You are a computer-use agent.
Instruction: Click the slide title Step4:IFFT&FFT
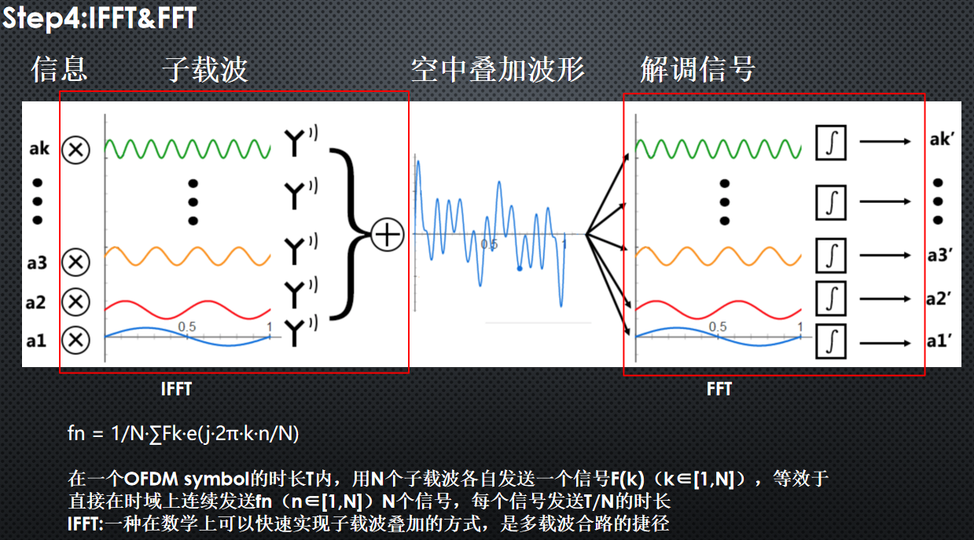point(99,17)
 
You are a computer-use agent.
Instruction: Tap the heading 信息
point(60,69)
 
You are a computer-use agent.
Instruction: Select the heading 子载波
point(205,69)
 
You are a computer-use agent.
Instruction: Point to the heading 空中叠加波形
point(498,69)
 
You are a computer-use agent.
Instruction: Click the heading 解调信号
point(698,69)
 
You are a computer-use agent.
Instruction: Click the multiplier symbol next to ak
point(75,150)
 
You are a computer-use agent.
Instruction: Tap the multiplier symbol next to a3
point(75,263)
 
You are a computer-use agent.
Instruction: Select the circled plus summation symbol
point(387,235)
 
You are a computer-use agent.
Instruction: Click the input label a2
point(35,302)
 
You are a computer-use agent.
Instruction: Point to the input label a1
point(36,341)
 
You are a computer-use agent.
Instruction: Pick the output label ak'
point(942,140)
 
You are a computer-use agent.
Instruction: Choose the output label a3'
point(940,255)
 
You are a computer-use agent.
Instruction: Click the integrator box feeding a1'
point(831,342)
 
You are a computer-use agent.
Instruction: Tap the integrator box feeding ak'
point(831,142)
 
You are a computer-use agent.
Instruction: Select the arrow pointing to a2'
point(885,299)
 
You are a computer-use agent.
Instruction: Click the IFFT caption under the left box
point(176,389)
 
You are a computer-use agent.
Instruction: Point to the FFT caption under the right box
point(719,389)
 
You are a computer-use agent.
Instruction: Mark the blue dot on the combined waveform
point(519,269)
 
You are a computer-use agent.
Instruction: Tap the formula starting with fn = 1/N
point(183,433)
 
